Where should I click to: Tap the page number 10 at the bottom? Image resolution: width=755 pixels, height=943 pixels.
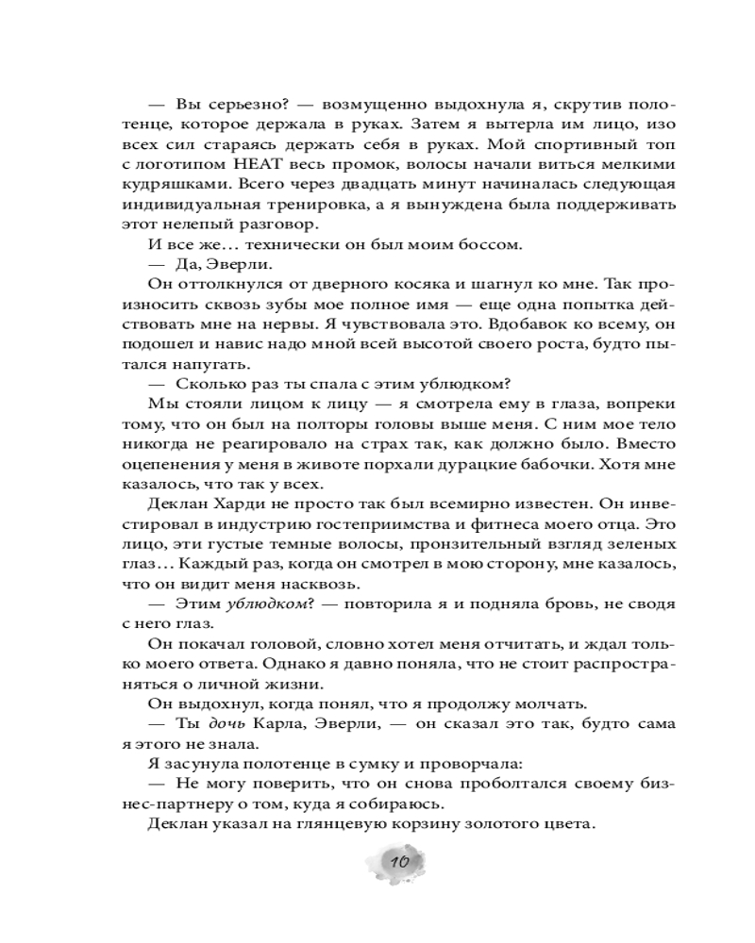(397, 862)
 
